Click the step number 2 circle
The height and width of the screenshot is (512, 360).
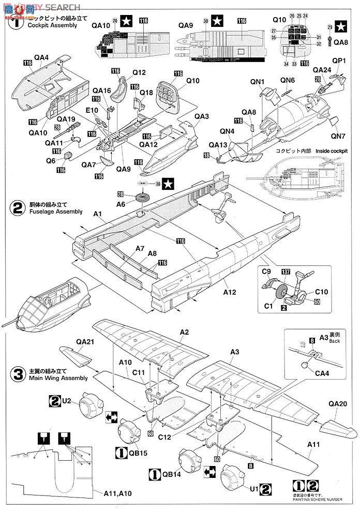pyautogui.click(x=18, y=208)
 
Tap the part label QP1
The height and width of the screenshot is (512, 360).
pyautogui.click(x=339, y=61)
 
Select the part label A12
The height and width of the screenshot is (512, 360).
pyautogui.click(x=230, y=292)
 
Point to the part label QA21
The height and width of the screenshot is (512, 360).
pyautogui.click(x=85, y=341)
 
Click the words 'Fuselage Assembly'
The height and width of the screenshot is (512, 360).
pyautogui.click(x=56, y=212)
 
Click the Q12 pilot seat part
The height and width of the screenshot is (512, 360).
pyautogui.click(x=123, y=85)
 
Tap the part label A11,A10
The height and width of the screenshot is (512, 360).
pyautogui.click(x=117, y=493)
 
